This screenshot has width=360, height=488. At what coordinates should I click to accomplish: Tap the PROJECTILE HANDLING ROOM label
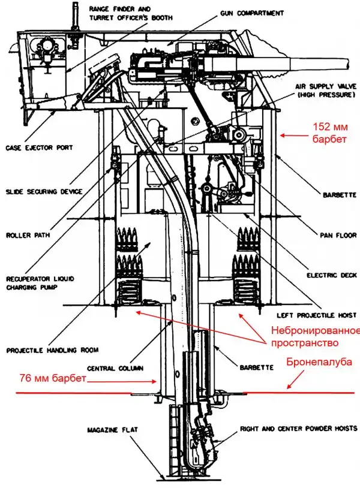pos(52,350)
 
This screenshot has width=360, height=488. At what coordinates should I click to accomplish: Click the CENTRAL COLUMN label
pos(111,368)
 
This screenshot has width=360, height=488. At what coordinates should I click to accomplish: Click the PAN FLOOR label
pos(333,236)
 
